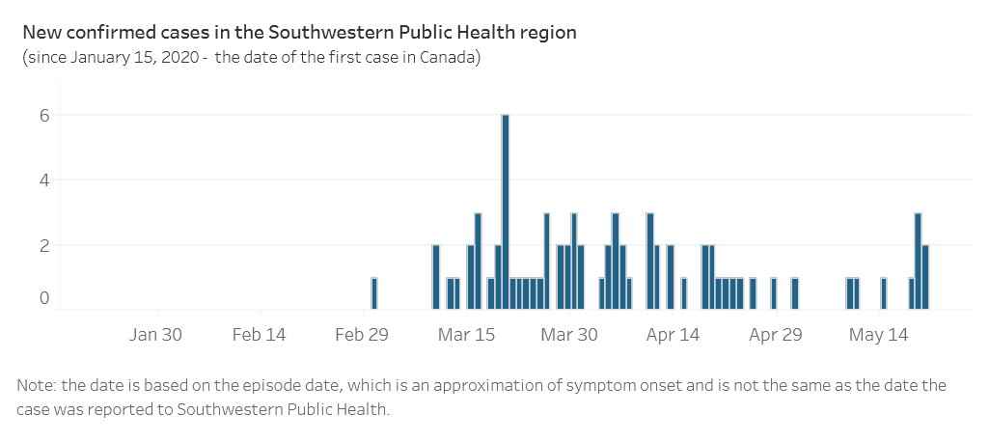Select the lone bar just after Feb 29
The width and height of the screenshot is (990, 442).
click(374, 293)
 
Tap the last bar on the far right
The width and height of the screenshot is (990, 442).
click(925, 277)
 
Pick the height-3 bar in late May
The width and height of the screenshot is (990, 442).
click(918, 261)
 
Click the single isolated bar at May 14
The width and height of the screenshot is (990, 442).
click(883, 293)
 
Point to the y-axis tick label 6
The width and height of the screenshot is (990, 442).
click(43, 115)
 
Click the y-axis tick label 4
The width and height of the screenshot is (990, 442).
click(43, 180)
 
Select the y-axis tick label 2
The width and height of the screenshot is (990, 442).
click(43, 245)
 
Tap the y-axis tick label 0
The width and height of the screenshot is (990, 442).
click(43, 298)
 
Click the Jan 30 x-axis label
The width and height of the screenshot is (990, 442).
click(156, 336)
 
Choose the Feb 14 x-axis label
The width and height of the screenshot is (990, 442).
click(260, 336)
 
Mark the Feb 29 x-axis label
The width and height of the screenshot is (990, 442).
click(363, 336)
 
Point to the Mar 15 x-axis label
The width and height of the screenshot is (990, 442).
click(467, 336)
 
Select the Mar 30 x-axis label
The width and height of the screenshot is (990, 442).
click(570, 336)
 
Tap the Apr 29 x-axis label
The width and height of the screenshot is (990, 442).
click(777, 336)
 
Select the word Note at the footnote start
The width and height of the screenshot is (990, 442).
click(35, 386)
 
